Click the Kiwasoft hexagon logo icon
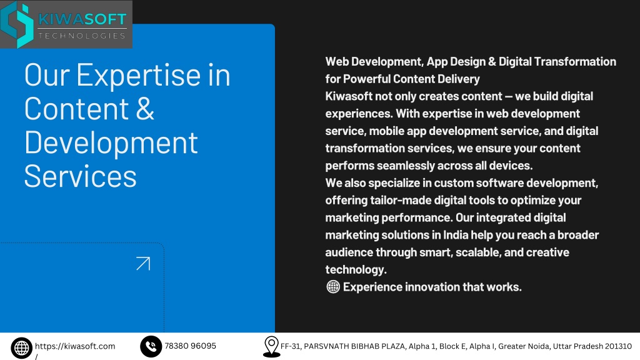click(17, 24)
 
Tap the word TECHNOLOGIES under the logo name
click(82, 36)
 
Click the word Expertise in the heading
click(139, 76)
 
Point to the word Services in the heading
click(81, 177)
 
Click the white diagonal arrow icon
click(143, 264)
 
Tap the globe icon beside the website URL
click(22, 347)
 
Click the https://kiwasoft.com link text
click(75, 346)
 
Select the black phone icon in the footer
click(151, 346)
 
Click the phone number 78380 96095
click(190, 346)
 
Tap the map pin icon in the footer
click(271, 347)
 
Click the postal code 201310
click(618, 346)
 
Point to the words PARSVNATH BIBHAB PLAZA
click(355, 346)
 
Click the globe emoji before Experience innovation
click(333, 287)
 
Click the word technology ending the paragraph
click(356, 270)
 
